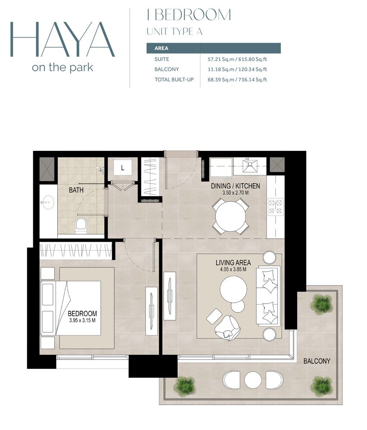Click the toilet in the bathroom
tap(81, 225)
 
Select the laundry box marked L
tap(122, 168)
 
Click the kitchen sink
tap(249, 166)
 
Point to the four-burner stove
tap(275, 206)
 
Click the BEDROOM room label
tap(82, 313)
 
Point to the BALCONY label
tap(317, 361)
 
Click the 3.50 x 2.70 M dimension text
tap(236, 193)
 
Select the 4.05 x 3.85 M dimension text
tap(233, 270)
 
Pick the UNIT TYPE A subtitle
tap(174, 31)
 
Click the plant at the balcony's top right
tap(322, 304)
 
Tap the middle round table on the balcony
tap(253, 380)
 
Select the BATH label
tap(76, 190)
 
